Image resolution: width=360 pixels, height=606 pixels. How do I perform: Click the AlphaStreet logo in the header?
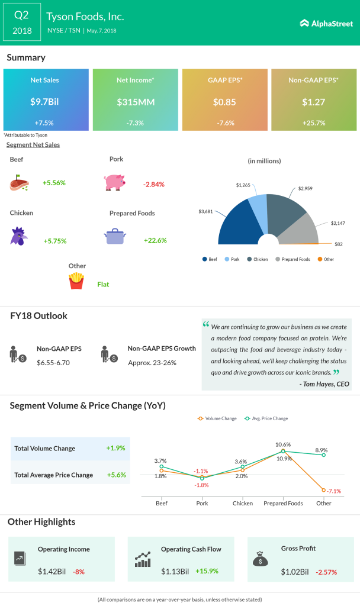326,23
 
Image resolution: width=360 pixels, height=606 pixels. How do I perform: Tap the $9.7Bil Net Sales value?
46,102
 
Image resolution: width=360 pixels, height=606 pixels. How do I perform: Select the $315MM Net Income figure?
136,102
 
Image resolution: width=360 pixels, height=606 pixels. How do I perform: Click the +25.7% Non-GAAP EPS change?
314,123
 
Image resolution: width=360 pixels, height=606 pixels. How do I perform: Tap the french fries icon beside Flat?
76,281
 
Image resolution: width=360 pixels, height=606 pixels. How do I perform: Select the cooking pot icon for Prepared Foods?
115,236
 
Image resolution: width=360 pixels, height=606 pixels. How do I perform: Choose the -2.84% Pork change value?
154,184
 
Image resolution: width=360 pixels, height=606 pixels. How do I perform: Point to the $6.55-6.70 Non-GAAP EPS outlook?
53,362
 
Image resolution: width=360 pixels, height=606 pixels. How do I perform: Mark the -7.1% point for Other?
324,490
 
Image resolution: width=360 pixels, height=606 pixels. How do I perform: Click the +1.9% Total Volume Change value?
116,448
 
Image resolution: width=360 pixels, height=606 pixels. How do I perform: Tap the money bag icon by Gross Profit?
261,557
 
